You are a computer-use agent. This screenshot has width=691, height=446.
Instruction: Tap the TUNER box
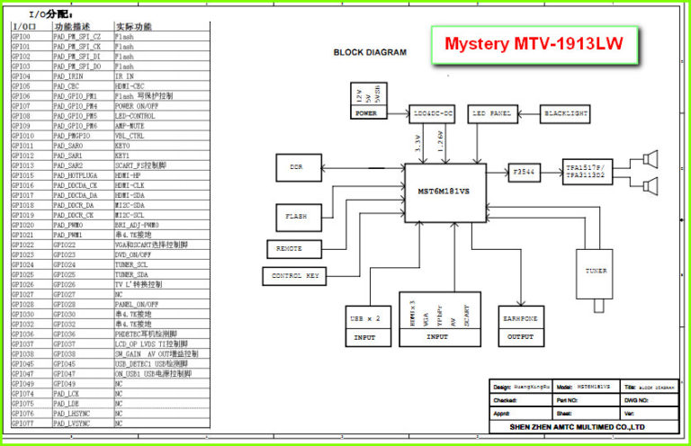[x=594, y=270]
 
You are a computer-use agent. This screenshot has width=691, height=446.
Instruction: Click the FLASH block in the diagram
[x=296, y=217]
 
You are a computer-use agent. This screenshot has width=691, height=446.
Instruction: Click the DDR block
[x=296, y=167]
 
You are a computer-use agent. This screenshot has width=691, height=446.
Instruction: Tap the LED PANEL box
[x=491, y=114]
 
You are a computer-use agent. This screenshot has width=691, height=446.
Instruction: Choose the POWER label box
[x=366, y=114]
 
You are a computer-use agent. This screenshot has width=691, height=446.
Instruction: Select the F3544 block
[x=524, y=170]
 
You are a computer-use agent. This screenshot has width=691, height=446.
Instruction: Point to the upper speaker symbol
[x=651, y=159]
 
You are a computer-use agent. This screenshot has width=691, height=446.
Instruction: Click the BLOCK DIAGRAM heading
[x=370, y=52]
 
